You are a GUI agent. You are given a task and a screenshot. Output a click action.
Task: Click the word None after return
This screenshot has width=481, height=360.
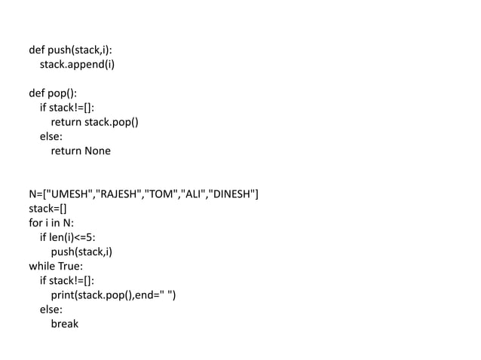[97, 151]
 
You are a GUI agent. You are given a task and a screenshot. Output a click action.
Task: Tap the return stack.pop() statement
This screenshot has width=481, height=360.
[94, 122]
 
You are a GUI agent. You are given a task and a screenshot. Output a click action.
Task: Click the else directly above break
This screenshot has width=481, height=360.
[51, 310]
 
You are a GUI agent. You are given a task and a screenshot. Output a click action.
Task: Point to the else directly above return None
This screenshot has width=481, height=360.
[51, 136]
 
